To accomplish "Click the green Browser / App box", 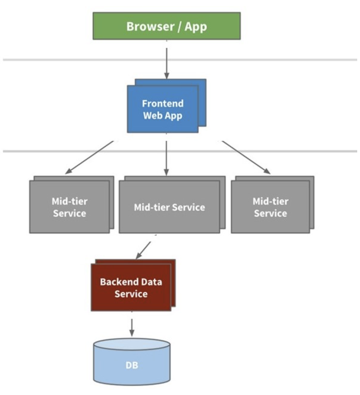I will pyautogui.click(x=166, y=26).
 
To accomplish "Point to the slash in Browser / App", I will pyautogui.click(x=175, y=27).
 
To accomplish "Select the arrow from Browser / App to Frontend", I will pyautogui.click(x=167, y=60).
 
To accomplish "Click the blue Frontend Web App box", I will pyautogui.click(x=163, y=109).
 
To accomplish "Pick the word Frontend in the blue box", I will pyautogui.click(x=163, y=103).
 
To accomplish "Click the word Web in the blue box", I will pyautogui.click(x=151, y=116).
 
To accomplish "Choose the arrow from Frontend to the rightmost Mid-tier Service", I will pyautogui.click(x=246, y=157).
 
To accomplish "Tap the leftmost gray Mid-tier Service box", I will pyautogui.click(x=69, y=207).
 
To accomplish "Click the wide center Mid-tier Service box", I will pyautogui.click(x=169, y=207).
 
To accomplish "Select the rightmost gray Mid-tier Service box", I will pyautogui.click(x=270, y=207).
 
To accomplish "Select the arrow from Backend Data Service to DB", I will pyautogui.click(x=132, y=327).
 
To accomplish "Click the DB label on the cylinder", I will pyautogui.click(x=132, y=365).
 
